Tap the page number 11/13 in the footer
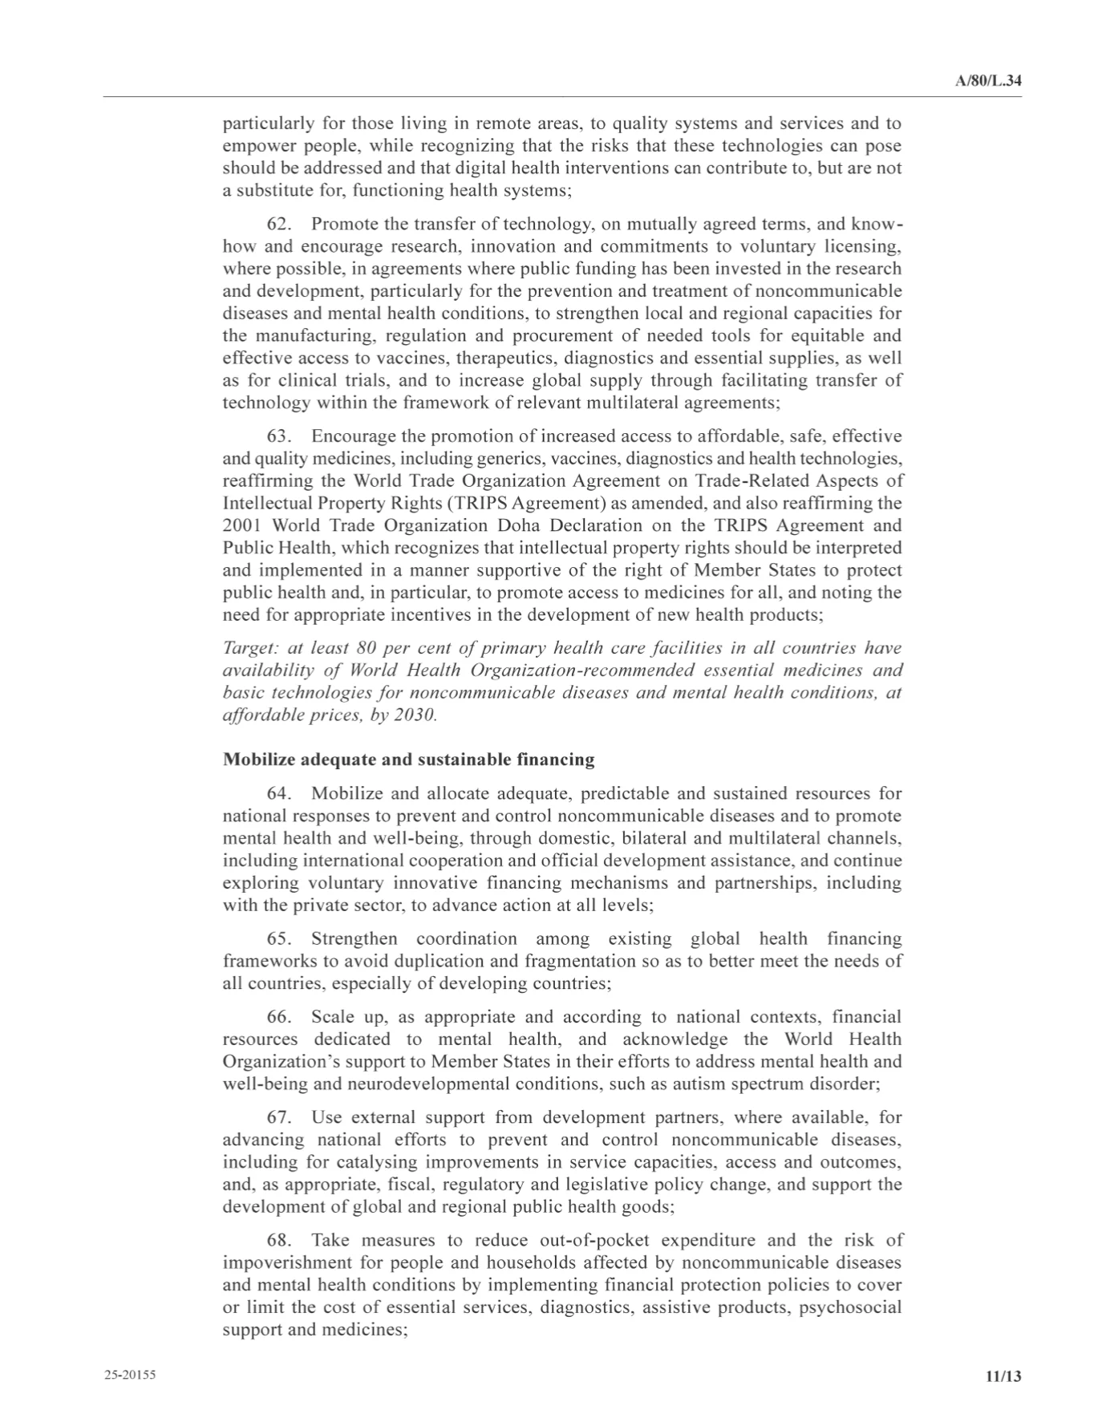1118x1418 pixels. tap(1003, 1376)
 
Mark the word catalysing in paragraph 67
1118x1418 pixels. tap(375, 1162)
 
